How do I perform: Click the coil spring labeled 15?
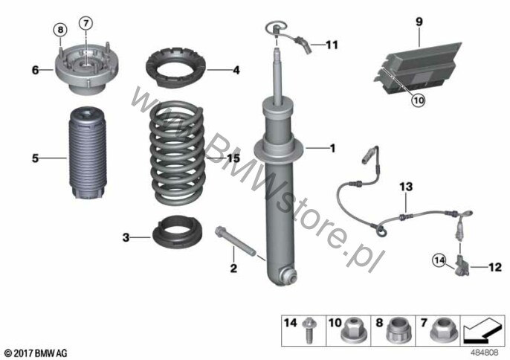pyautogui.click(x=177, y=153)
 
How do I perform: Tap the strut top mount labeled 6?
pyautogui.click(x=86, y=68)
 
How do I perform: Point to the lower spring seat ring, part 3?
pyautogui.click(x=177, y=232)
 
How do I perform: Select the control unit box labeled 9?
pyautogui.click(x=418, y=68)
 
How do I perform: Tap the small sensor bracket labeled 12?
pyautogui.click(x=462, y=266)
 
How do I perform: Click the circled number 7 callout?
pyautogui.click(x=86, y=23)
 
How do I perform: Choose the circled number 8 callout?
pyautogui.click(x=60, y=30)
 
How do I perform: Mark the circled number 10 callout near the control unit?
pyautogui.click(x=419, y=100)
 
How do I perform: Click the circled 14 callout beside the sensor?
pyautogui.click(x=439, y=260)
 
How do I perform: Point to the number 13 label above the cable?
pyautogui.click(x=406, y=187)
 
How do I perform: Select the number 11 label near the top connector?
pyautogui.click(x=332, y=45)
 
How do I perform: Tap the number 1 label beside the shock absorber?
pyautogui.click(x=332, y=149)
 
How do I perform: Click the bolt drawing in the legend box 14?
pyautogui.click(x=308, y=330)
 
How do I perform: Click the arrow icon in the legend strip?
pyautogui.click(x=482, y=330)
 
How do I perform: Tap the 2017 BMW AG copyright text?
pyautogui.click(x=36, y=353)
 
